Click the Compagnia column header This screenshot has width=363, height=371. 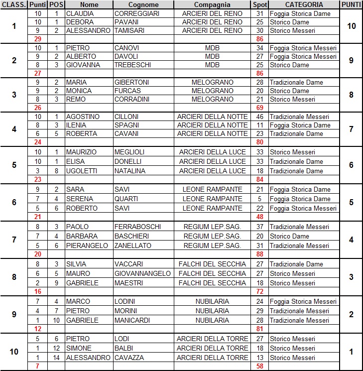[x=213, y=4]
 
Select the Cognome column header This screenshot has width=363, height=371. [x=143, y=4]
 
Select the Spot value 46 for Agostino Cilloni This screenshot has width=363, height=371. [x=259, y=117]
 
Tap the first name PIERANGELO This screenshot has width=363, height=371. [x=87, y=246]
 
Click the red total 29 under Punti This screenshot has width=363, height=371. [x=38, y=38]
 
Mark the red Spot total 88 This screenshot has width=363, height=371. [x=259, y=254]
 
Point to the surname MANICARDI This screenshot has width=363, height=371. [x=133, y=320]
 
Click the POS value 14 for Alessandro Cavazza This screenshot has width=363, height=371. [x=56, y=358]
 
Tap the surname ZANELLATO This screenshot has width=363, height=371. [x=133, y=246]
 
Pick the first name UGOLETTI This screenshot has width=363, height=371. [x=82, y=171]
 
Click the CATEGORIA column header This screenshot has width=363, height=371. [x=303, y=4]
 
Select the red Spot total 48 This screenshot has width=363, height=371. [x=259, y=217]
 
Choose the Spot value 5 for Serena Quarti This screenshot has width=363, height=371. [x=259, y=199]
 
